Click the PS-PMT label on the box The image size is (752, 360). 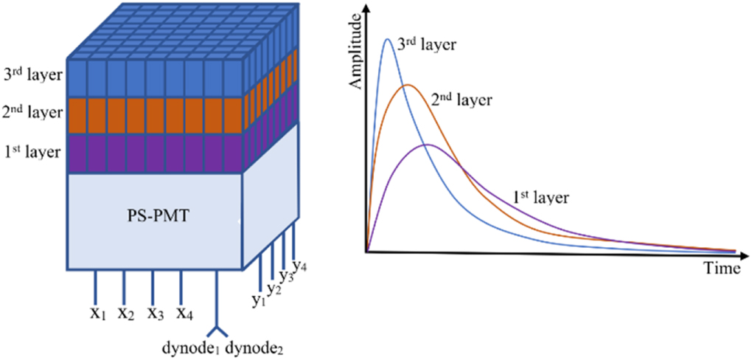click(x=155, y=219)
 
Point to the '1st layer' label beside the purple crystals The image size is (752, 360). click(x=34, y=153)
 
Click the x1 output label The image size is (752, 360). click(x=97, y=314)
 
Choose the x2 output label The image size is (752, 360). click(x=125, y=314)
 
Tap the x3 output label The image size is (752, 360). click(x=154, y=314)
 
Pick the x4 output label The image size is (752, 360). click(x=184, y=314)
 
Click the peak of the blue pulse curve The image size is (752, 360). click(x=388, y=39)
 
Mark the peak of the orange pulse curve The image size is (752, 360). click(x=406, y=85)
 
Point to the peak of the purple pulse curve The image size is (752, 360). click(x=427, y=145)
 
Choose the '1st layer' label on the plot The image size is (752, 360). click(x=540, y=197)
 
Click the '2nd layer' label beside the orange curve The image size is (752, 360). click(x=460, y=98)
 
